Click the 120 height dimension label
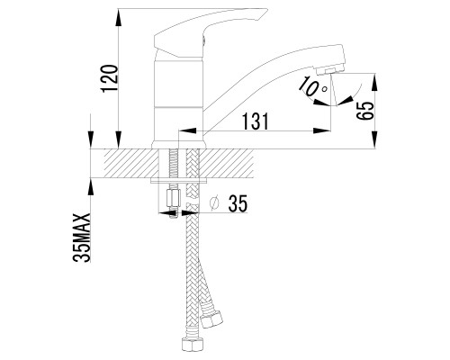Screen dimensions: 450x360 [110, 78]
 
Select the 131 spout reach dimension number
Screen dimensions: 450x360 [255, 121]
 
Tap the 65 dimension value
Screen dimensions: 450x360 [366, 111]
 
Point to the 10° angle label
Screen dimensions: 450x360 [312, 87]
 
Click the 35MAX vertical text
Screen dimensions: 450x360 [82, 238]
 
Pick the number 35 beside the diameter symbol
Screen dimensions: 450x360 [238, 203]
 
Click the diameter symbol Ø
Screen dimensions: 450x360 [214, 203]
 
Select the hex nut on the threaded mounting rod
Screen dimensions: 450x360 [173, 198]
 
